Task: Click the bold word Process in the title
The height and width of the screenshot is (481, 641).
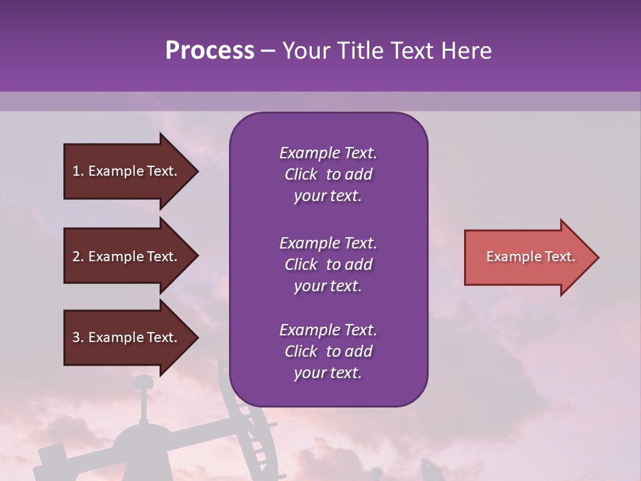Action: click(210, 51)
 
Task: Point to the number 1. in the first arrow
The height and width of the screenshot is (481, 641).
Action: click(78, 171)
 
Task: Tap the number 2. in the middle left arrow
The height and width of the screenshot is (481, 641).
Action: click(78, 257)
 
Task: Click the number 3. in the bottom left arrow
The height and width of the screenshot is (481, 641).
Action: click(78, 337)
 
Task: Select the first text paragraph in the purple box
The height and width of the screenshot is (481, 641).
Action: click(328, 174)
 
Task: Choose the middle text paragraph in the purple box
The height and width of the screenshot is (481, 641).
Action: click(328, 265)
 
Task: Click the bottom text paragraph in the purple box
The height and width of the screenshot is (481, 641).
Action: click(328, 351)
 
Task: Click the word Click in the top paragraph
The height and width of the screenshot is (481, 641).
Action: click(300, 174)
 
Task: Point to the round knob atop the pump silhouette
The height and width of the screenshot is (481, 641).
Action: click(143, 383)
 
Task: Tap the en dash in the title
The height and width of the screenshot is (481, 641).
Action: click(268, 51)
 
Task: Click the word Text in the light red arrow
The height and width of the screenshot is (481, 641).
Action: click(560, 257)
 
